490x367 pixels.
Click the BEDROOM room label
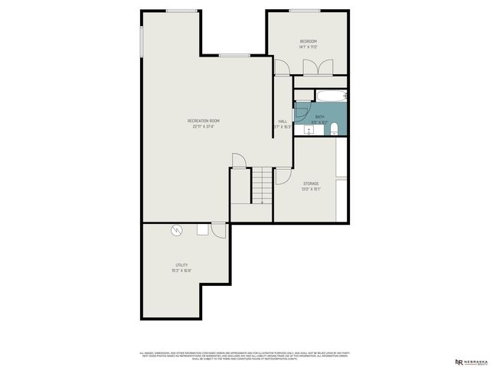(x=308, y=41)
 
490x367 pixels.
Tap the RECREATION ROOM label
(x=204, y=121)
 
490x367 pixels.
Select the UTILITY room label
(x=181, y=265)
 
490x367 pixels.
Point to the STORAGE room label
(x=310, y=183)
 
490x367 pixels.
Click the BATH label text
(x=319, y=117)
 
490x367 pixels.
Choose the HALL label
(x=283, y=122)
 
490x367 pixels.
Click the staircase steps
(x=263, y=186)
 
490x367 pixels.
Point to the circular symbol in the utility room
(x=177, y=229)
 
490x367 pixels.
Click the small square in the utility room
(x=203, y=229)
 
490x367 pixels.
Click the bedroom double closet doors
(x=314, y=66)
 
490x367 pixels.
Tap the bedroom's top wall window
(x=305, y=11)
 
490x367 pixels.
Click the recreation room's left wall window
(x=142, y=43)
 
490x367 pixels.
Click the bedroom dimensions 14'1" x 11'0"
(x=308, y=47)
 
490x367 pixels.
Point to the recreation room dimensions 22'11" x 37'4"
(x=204, y=127)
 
